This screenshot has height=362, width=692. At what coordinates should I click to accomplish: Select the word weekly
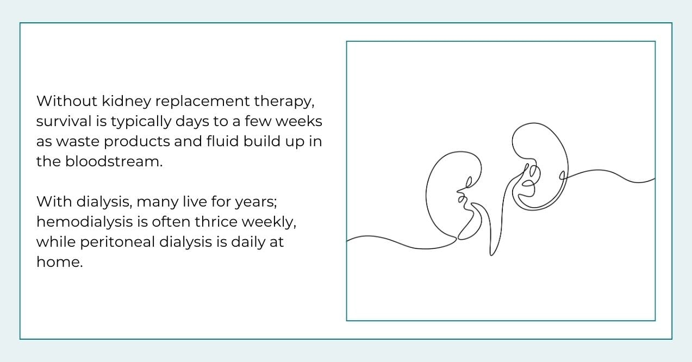tap(273, 222)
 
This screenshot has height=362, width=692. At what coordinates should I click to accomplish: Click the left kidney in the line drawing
tap(446, 196)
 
